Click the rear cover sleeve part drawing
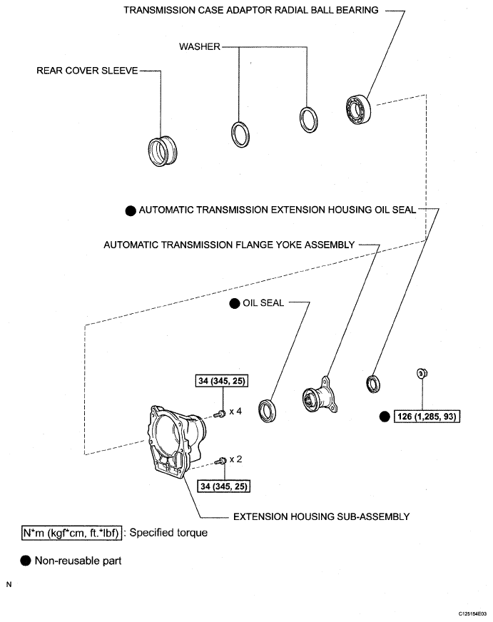[x=161, y=151]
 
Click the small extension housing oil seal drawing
[x=374, y=384]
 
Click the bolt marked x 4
[x=222, y=413]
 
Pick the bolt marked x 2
[x=222, y=461]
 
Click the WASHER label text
[x=199, y=47]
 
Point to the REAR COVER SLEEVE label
[x=88, y=71]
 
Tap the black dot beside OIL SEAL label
[x=234, y=303]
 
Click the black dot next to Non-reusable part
[x=26, y=561]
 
